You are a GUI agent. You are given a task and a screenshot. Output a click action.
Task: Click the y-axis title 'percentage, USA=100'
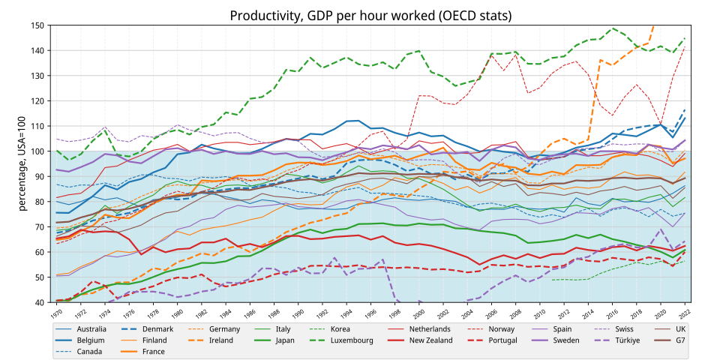(23, 163)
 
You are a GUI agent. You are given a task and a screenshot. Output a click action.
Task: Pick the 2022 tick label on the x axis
(684, 313)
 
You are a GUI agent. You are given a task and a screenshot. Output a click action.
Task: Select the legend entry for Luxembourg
(352, 340)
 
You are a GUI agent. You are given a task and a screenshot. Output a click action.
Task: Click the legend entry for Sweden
(572, 340)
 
